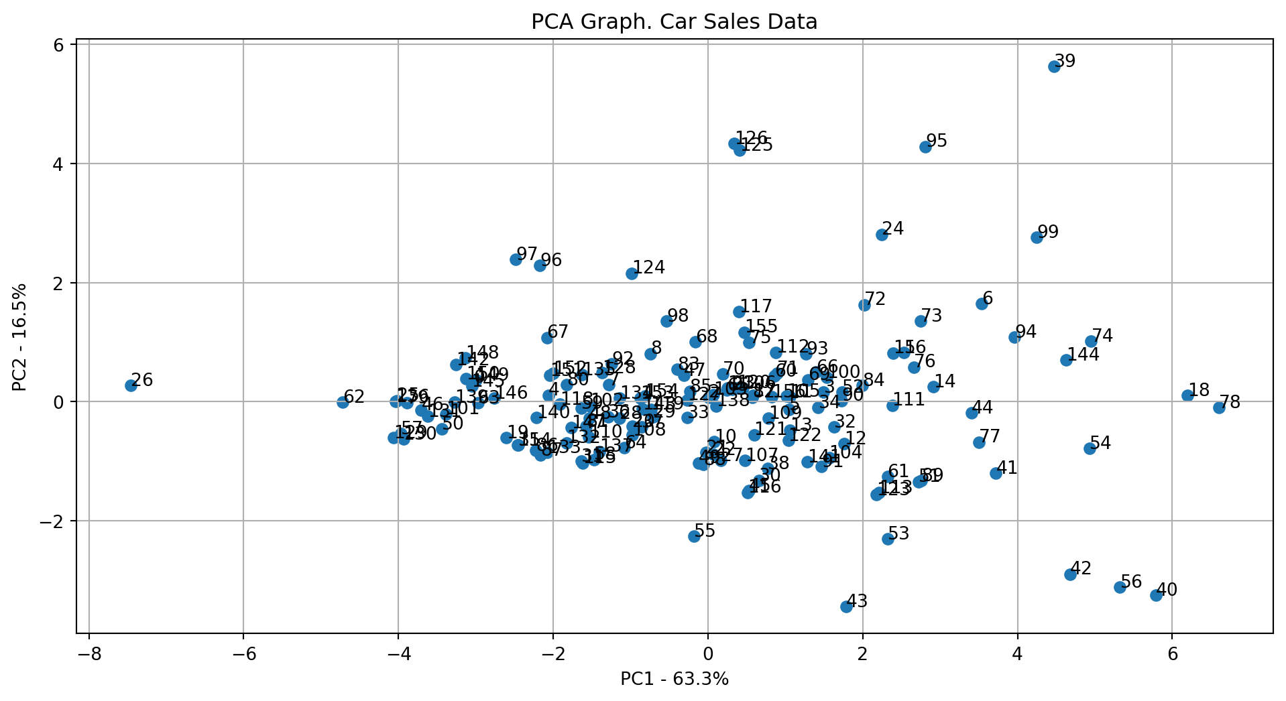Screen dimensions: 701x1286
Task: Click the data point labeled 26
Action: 131,385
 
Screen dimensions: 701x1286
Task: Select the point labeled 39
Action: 1054,66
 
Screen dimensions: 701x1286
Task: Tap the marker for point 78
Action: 1219,408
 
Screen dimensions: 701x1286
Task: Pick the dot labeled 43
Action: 846,607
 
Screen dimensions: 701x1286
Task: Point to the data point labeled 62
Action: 343,402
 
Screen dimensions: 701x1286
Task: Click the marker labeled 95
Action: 925,147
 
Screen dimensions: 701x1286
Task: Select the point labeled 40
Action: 1156,595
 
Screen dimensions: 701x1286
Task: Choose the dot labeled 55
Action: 694,536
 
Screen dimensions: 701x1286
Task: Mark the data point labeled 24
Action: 882,235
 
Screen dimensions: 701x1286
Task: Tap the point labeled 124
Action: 632,273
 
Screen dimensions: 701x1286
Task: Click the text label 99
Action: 1048,233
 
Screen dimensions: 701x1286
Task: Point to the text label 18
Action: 1200,390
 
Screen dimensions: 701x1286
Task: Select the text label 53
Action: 898,534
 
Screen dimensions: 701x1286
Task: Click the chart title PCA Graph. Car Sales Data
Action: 674,22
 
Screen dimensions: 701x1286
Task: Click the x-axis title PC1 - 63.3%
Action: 674,679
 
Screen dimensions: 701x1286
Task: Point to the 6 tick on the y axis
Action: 59,45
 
